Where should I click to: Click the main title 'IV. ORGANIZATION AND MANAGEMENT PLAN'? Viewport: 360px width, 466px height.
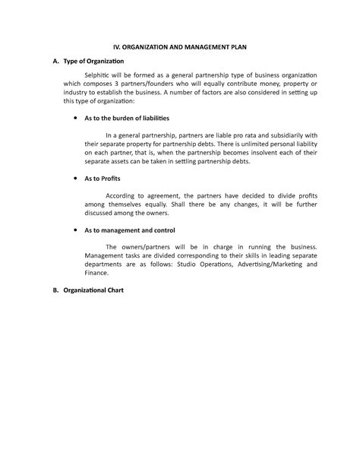coord(180,47)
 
